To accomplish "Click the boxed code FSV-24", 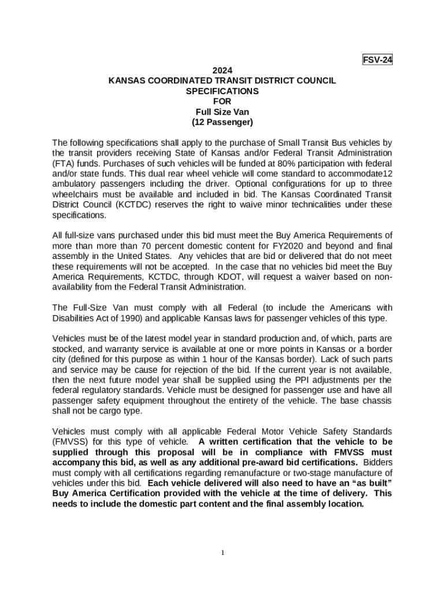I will pyautogui.click(x=377, y=60).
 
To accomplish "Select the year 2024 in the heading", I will pyautogui.click(x=222, y=71).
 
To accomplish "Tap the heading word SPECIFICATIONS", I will pyautogui.click(x=222, y=91).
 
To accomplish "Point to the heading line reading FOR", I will pyautogui.click(x=222, y=102).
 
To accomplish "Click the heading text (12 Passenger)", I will pyautogui.click(x=222, y=123).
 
